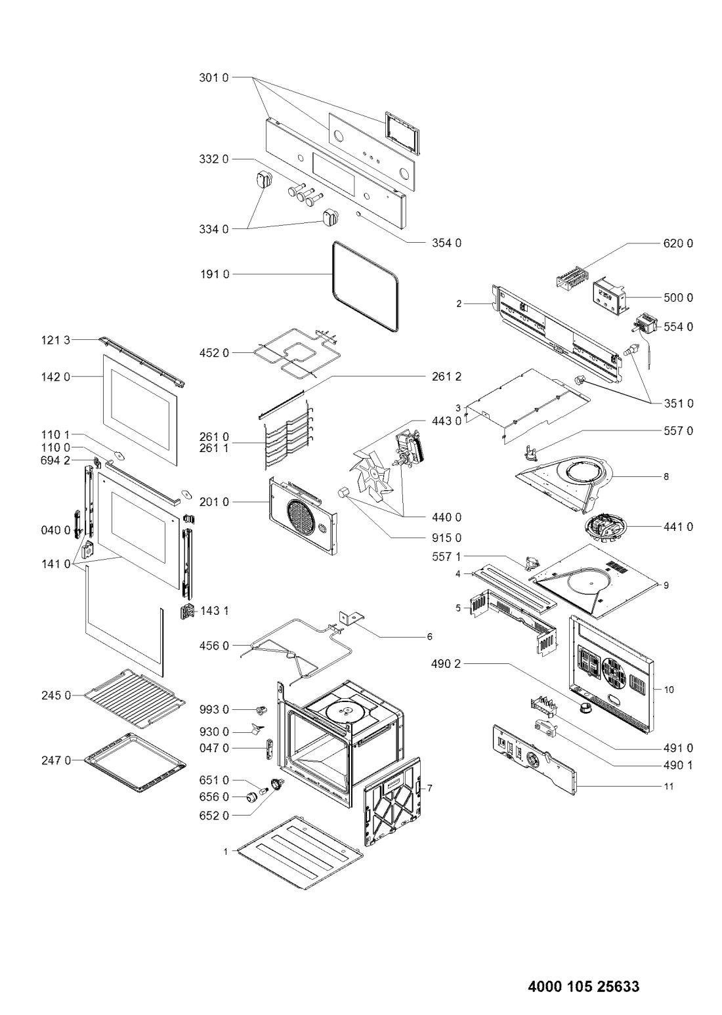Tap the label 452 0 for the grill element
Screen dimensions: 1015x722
(x=215, y=354)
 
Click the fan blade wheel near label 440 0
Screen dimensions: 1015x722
(x=373, y=468)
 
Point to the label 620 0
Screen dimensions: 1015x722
(x=677, y=243)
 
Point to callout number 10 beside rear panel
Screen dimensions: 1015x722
(x=669, y=690)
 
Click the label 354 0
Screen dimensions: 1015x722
(x=447, y=243)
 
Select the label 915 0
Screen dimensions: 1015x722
(x=447, y=538)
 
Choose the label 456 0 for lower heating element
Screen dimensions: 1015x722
(x=215, y=646)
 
